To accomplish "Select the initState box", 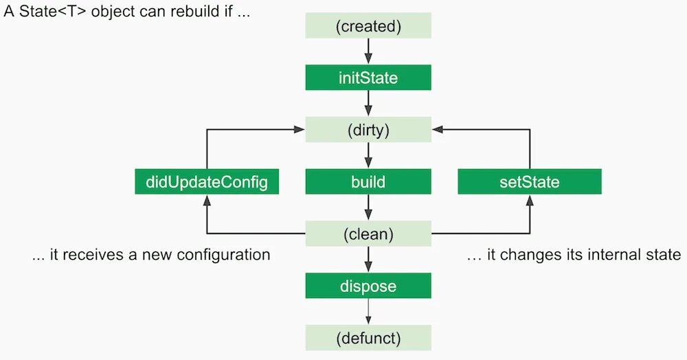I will pos(368,78).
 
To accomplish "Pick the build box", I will pos(368,182).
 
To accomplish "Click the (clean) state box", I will pos(368,234).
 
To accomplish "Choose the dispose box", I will pos(368,286).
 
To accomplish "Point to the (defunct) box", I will pos(368,338).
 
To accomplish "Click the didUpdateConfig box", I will pos(207,182).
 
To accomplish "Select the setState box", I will pos(530,182).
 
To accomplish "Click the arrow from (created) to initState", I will pos(368,51).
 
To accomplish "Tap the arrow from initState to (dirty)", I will pos(368,104).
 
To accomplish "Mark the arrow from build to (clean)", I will pos(368,207).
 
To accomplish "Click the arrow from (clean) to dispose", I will pos(368,260).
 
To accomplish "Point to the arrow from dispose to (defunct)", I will pos(368,312).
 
